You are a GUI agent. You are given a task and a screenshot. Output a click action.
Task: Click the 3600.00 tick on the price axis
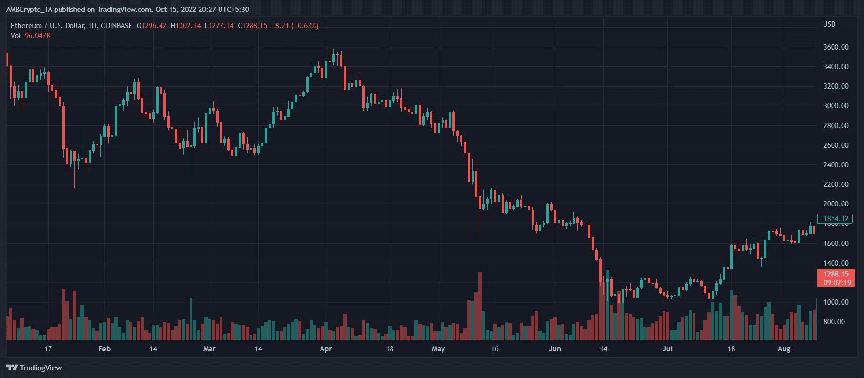[835, 47]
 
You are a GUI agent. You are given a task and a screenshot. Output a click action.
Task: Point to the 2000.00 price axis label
[835, 204]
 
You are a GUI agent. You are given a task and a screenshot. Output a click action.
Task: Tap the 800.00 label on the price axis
[834, 322]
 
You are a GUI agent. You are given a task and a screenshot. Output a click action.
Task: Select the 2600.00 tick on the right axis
[835, 145]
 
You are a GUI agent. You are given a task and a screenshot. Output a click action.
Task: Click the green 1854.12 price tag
[835, 219]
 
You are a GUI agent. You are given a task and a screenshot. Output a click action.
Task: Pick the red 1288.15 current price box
[836, 278]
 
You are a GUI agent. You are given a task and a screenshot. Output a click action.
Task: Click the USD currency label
[829, 24]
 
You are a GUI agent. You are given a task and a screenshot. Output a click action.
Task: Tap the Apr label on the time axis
[326, 349]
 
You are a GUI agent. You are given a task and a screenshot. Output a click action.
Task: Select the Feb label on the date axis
[104, 349]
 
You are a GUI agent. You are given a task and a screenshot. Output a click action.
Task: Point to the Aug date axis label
[784, 349]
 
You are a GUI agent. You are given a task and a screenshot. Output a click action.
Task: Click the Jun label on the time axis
[554, 349]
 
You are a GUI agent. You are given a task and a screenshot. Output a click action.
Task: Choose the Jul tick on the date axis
[667, 349]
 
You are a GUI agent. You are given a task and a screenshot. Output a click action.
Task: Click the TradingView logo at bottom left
[34, 368]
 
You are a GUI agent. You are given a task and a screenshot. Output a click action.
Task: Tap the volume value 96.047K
[38, 36]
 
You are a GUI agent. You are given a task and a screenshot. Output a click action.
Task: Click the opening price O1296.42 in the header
[151, 26]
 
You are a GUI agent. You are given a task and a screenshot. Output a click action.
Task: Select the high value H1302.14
[186, 26]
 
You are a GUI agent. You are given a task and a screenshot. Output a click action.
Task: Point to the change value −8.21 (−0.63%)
[295, 26]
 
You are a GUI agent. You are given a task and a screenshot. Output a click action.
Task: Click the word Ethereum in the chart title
[27, 26]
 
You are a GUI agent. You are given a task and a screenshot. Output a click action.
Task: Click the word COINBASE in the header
[116, 26]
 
